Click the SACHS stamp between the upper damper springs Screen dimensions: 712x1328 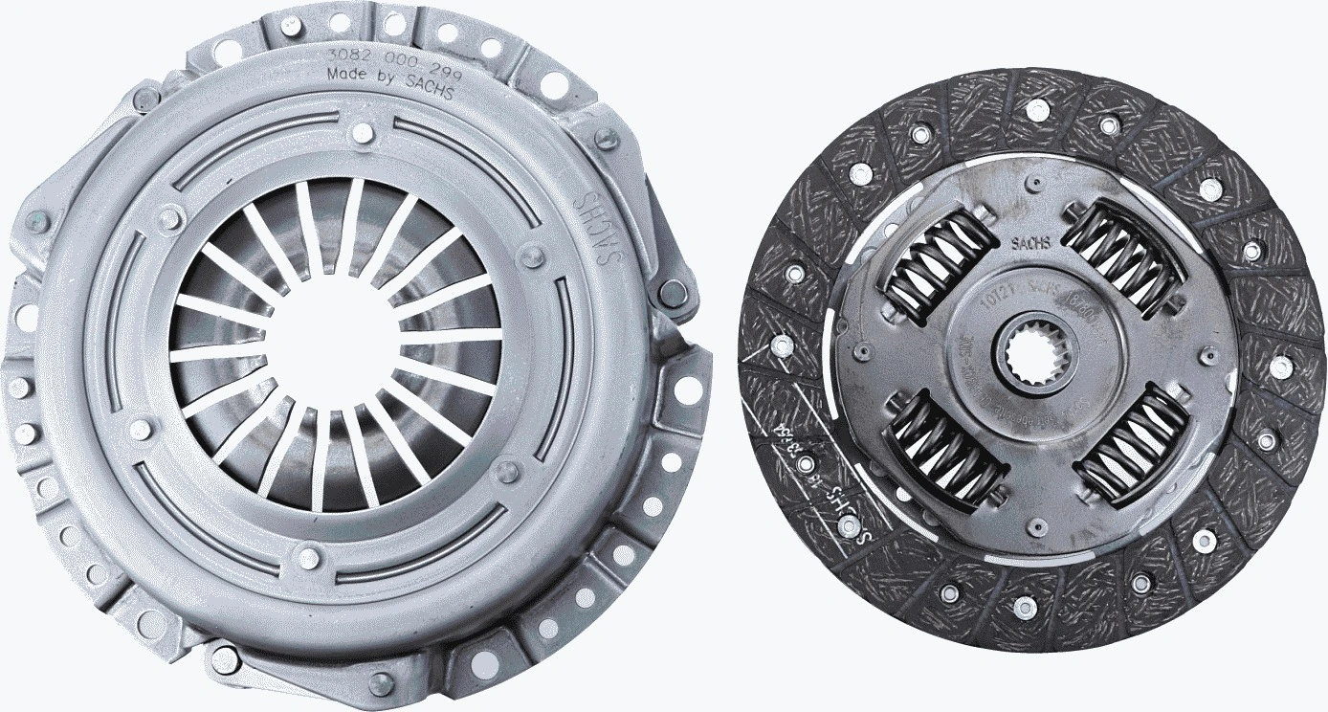[x=1030, y=243]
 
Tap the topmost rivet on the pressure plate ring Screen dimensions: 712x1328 [x=362, y=132]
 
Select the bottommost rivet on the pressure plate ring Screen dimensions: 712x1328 [x=308, y=555]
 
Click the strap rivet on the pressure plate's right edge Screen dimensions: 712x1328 [x=673, y=289]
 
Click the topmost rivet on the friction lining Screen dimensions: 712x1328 [x=1036, y=106]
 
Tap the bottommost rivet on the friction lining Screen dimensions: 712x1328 [x=1025, y=604]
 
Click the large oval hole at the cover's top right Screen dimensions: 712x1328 [x=554, y=83]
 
